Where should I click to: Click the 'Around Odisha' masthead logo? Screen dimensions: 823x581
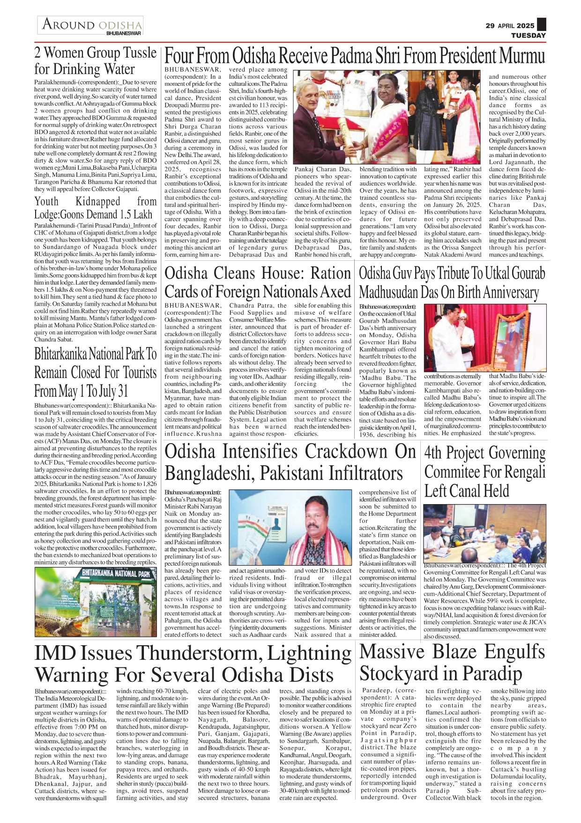point(91,24)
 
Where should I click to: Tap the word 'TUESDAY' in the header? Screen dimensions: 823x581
point(528,35)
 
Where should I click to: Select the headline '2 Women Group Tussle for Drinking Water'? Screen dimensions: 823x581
point(95,61)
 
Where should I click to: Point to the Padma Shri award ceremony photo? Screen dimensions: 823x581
point(387,117)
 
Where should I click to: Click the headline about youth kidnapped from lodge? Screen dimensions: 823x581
point(95,208)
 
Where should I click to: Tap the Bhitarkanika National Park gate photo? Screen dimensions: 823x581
point(96,602)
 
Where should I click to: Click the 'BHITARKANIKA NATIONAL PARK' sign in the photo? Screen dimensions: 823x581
point(116,574)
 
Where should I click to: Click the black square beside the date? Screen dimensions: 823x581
point(541,24)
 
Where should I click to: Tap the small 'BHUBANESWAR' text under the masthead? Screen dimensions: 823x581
point(124,33)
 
